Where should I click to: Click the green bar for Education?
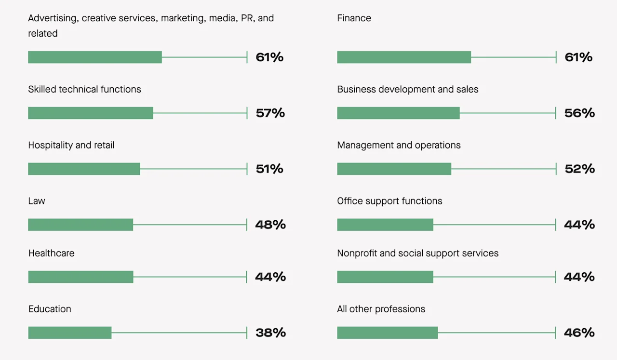point(70,333)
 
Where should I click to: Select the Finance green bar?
point(404,57)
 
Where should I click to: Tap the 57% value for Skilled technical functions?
point(270,113)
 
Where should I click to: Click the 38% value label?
point(270,333)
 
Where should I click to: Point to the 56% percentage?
point(579,113)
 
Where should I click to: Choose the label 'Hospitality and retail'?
point(71,145)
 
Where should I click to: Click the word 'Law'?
point(37,201)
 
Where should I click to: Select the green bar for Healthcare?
point(80,277)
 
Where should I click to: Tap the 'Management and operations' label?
point(399,145)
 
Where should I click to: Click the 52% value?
point(579,169)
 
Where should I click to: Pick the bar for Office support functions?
point(385,225)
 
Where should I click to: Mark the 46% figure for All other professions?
point(579,333)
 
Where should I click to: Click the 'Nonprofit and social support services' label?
point(417,253)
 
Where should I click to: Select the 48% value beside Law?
point(270,225)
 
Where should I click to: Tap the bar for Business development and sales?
point(398,113)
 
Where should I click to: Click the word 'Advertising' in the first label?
point(53,18)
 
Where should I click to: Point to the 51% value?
point(269,169)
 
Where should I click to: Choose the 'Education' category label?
point(50,309)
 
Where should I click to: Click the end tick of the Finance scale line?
point(556,57)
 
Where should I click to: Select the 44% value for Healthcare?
point(270,277)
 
